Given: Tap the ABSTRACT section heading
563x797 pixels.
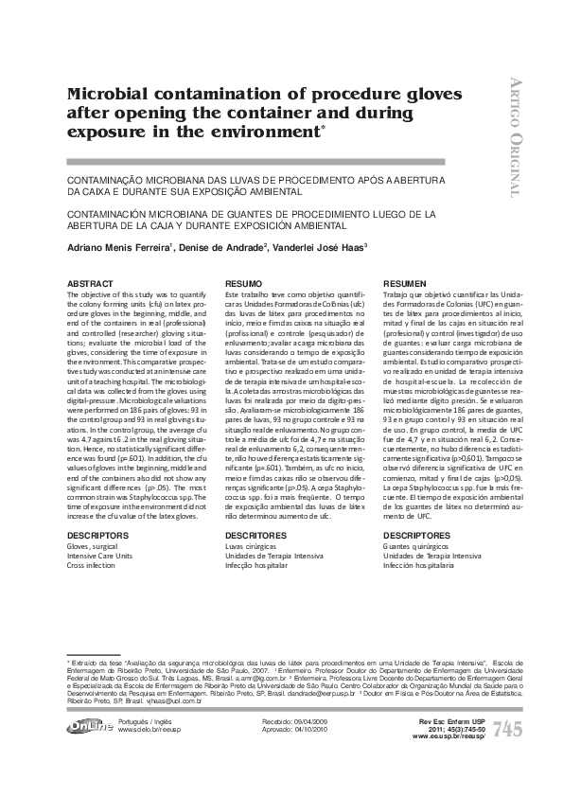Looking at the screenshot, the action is pos(89,284).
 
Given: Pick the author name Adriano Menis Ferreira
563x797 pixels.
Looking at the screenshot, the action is pos(118,249).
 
